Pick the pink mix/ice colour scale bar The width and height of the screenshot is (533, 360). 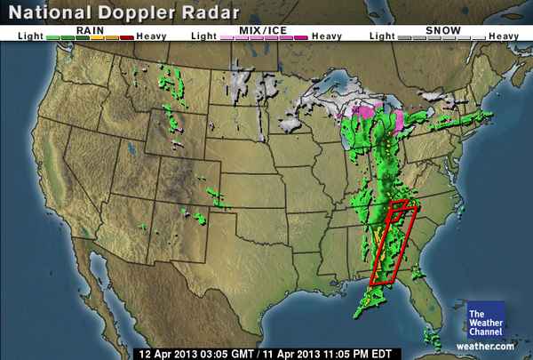coord(266,36)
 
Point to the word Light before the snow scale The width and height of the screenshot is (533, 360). coord(382,36)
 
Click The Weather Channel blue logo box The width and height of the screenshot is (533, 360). coord(486,320)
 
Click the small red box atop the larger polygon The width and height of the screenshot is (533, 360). coord(399,206)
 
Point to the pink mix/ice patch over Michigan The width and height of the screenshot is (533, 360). coord(363,112)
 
